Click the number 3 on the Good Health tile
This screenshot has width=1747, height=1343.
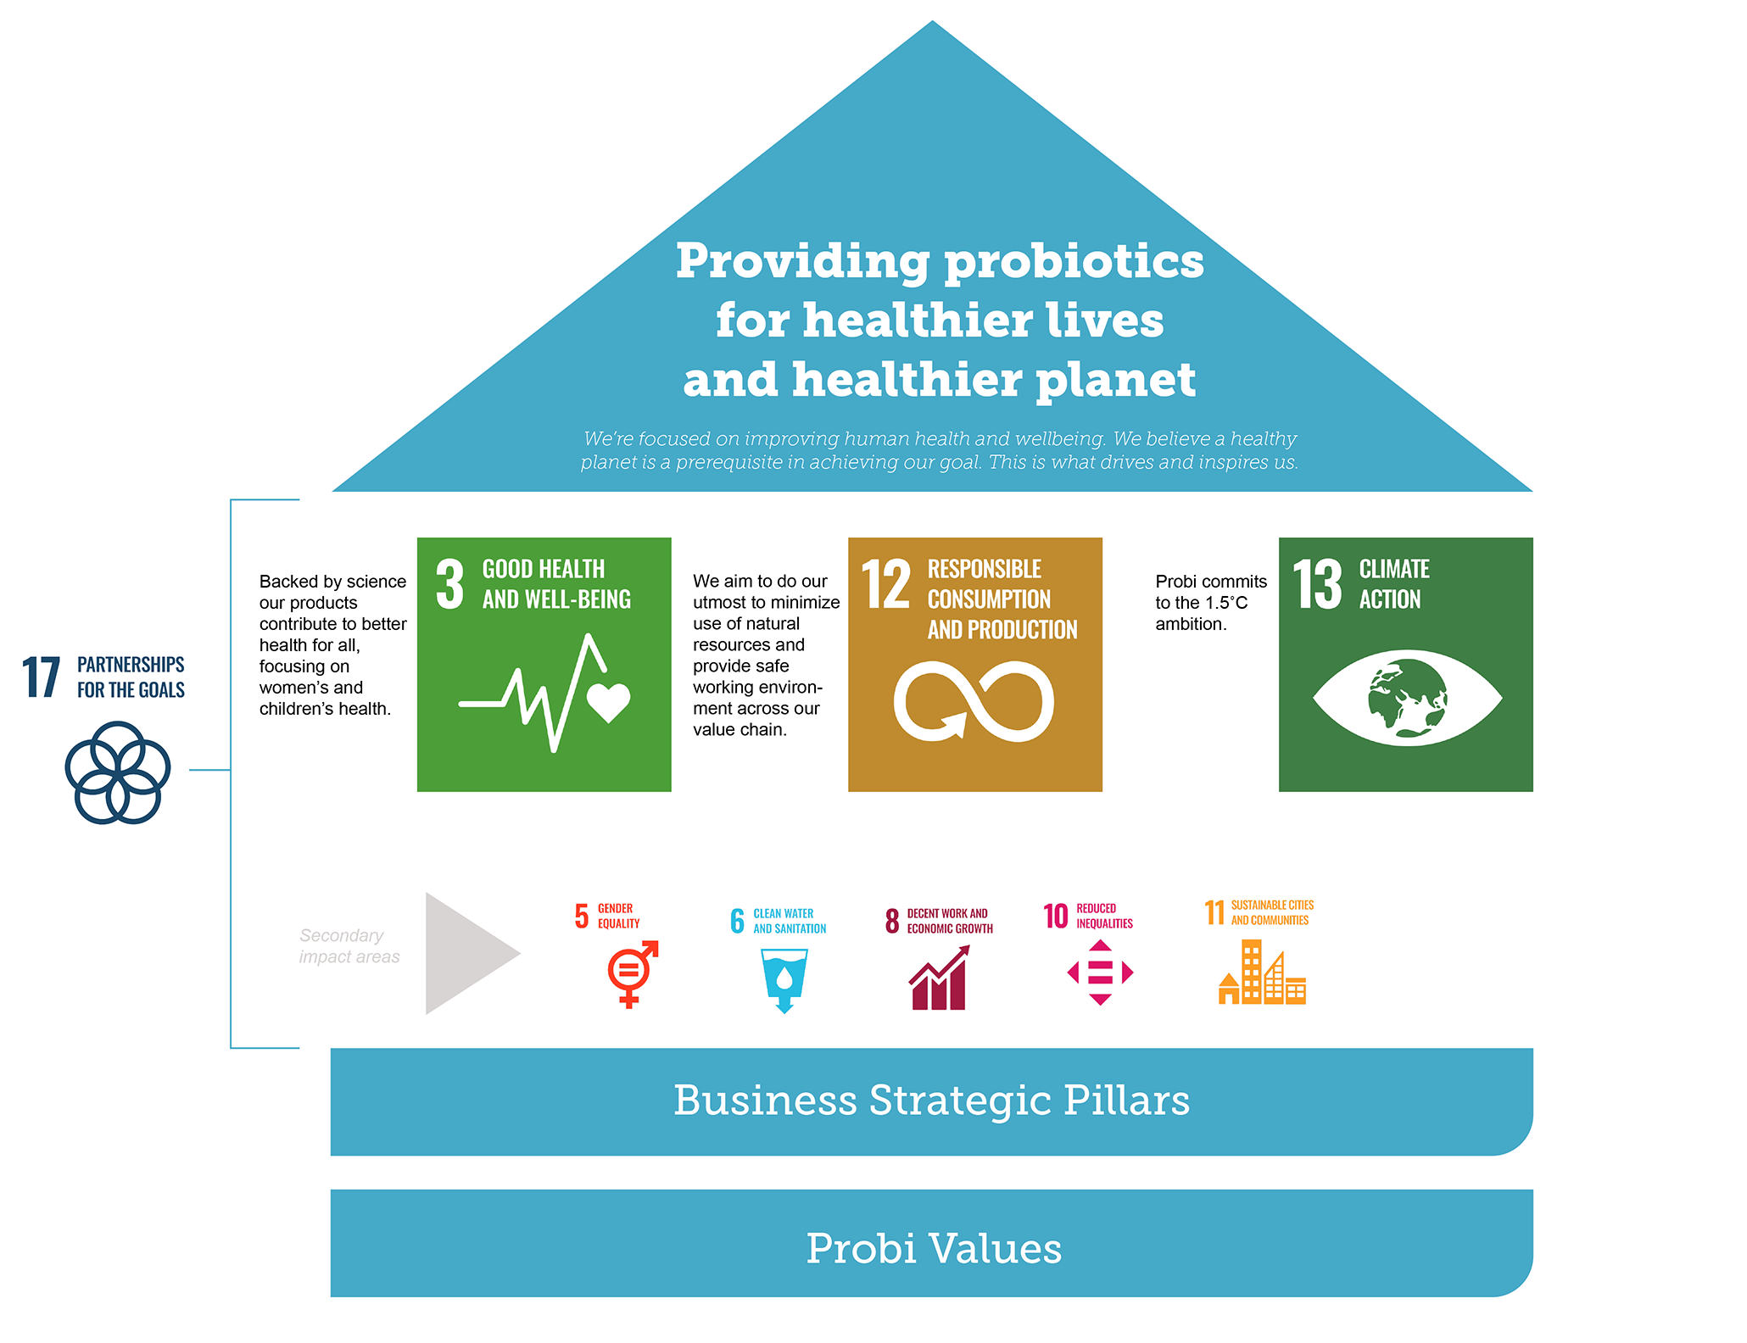tap(449, 584)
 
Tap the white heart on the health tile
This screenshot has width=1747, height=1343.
tap(608, 702)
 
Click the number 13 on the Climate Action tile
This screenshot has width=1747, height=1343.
tap(1317, 584)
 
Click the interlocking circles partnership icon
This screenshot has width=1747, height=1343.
tap(118, 772)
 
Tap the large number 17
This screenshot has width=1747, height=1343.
tap(41, 677)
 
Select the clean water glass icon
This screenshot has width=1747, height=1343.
tap(784, 981)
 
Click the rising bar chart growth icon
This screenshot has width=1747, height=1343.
tap(939, 978)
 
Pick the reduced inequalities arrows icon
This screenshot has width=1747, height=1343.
tap(1100, 972)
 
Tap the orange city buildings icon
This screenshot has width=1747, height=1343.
tap(1262, 972)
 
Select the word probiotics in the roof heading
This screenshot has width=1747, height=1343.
tap(1074, 262)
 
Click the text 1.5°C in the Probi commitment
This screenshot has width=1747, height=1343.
tap(1226, 603)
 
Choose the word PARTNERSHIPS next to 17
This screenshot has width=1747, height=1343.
tap(131, 664)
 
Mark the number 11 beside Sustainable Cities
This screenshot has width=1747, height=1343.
tap(1214, 912)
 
